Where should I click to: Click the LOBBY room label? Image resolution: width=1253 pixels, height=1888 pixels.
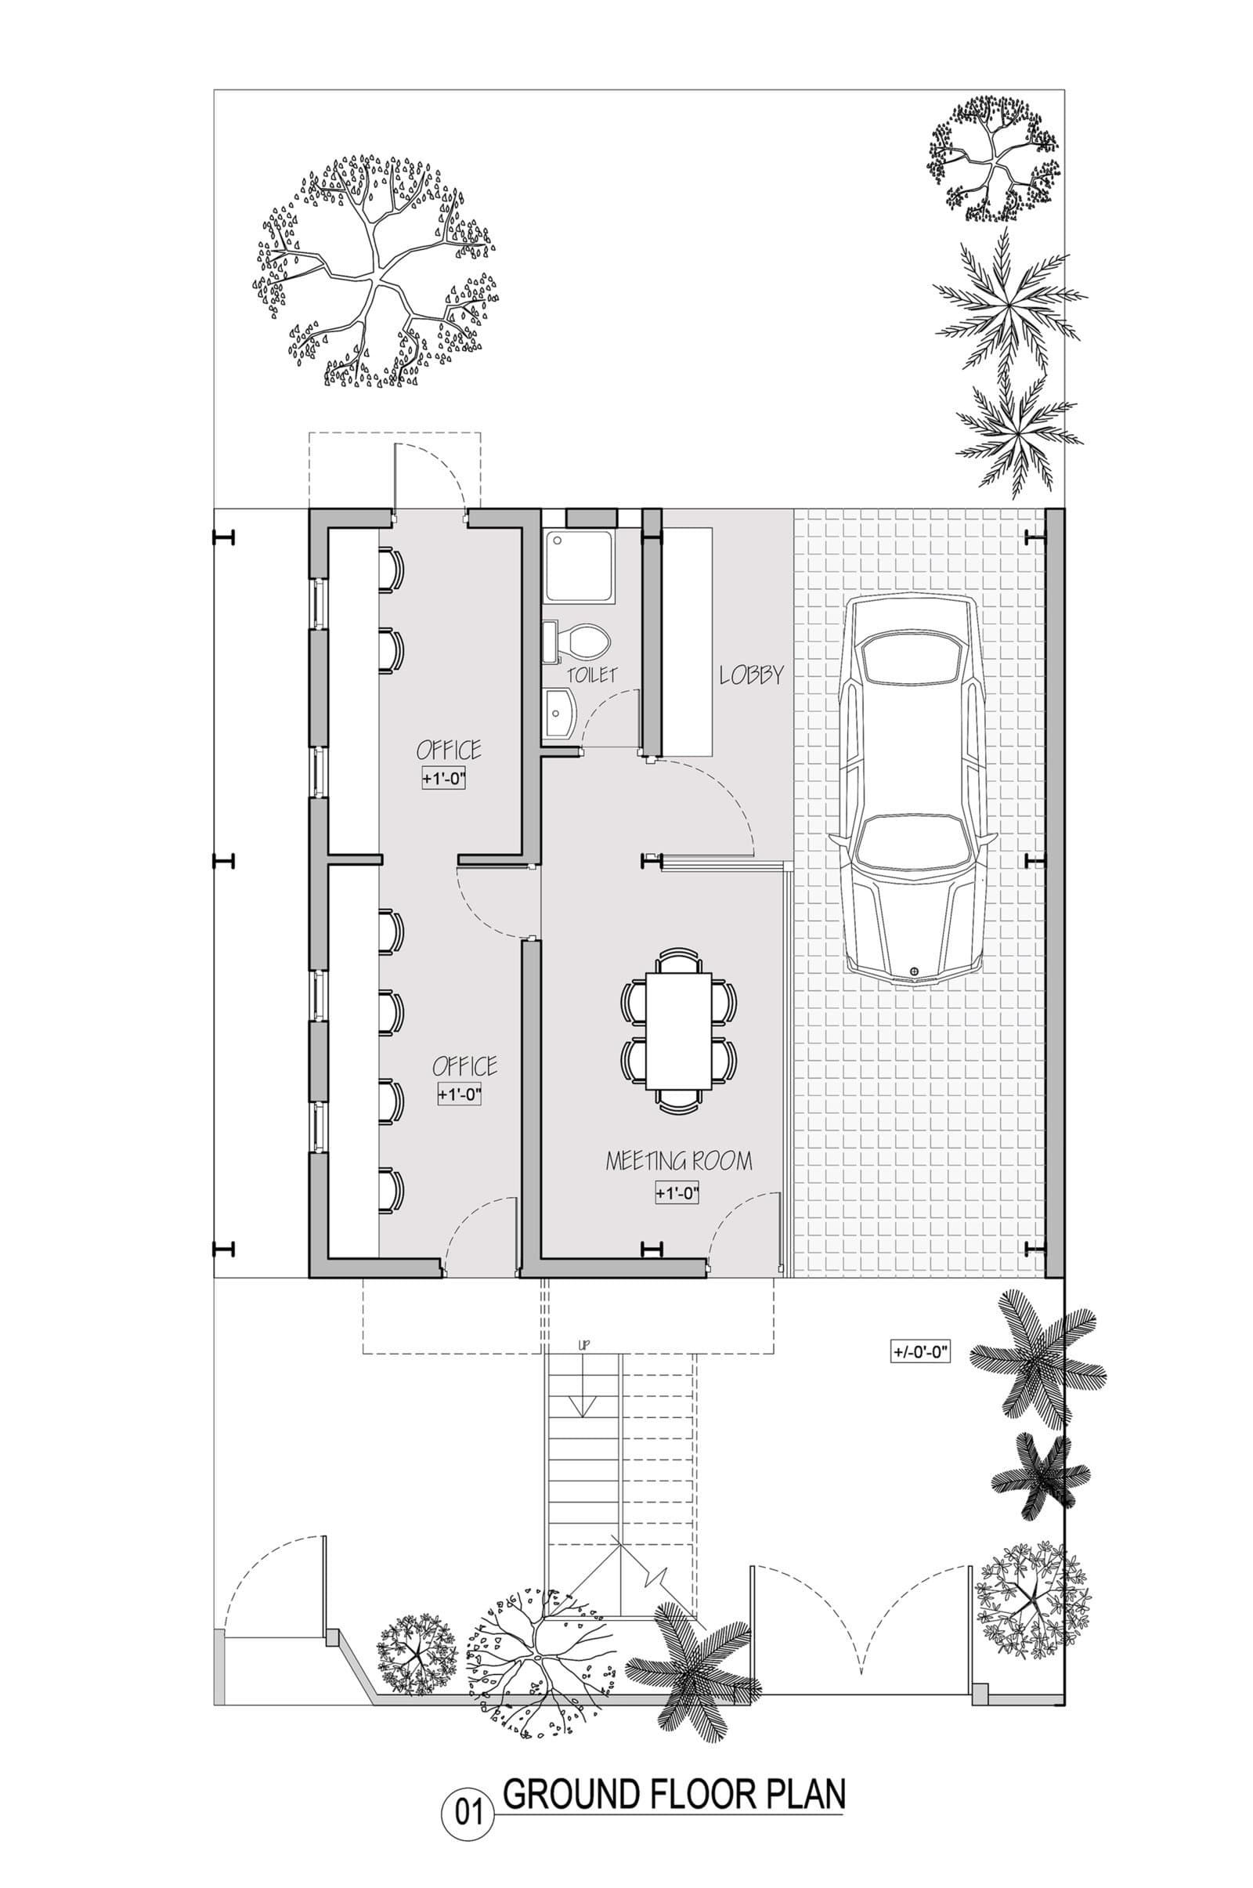click(751, 675)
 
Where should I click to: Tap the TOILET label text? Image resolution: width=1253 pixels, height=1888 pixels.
click(592, 675)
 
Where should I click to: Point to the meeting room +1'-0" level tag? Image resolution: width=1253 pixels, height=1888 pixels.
click(677, 1194)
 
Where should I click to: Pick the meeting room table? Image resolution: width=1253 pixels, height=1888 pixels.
click(678, 1029)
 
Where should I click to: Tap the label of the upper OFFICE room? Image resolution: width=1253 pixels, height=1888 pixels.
click(449, 750)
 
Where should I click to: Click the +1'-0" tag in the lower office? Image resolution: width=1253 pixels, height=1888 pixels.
click(460, 1095)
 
